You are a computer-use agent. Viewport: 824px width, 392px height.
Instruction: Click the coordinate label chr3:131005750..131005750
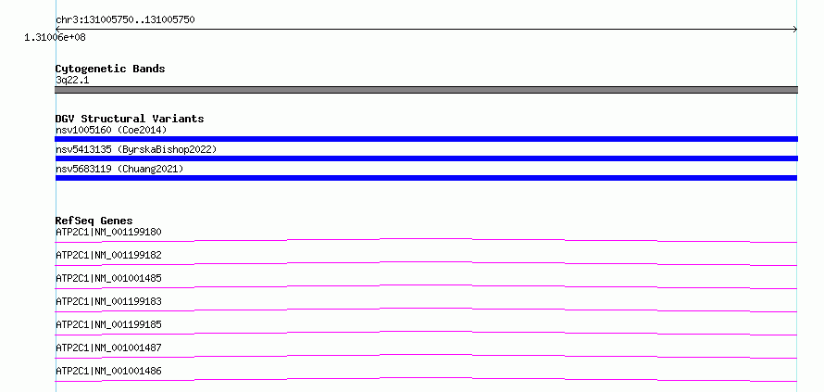(125, 20)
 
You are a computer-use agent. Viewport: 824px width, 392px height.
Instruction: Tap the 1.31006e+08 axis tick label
(55, 38)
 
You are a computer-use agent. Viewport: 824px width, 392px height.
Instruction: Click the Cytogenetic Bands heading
(110, 69)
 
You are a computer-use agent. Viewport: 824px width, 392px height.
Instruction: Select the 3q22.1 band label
(72, 81)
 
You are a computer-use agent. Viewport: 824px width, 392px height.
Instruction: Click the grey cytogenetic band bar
(426, 90)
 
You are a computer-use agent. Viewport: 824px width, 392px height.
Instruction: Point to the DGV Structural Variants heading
(130, 119)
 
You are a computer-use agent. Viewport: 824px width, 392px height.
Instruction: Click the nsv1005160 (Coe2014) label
(111, 130)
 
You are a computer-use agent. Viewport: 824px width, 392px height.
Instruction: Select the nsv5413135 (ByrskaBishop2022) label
(136, 150)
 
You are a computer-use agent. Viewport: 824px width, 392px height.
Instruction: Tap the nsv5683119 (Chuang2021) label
(119, 170)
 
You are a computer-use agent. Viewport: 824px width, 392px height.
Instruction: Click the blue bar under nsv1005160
(426, 139)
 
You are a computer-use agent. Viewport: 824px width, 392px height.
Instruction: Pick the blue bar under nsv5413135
(426, 158)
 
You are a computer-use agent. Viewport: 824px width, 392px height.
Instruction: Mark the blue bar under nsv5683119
(426, 178)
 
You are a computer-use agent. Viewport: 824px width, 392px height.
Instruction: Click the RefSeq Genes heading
(94, 221)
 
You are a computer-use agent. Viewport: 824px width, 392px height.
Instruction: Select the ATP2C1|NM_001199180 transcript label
(108, 232)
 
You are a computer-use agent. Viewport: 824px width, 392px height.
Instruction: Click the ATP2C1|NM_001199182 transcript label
(108, 255)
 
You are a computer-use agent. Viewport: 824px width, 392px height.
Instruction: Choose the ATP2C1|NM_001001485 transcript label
(108, 278)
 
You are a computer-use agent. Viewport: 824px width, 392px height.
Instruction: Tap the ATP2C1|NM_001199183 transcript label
(108, 301)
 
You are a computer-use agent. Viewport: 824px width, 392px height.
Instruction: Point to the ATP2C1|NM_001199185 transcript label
(108, 324)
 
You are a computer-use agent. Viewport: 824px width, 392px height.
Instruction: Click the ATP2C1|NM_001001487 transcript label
(108, 348)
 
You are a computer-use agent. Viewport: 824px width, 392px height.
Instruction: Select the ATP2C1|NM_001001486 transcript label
(108, 372)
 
